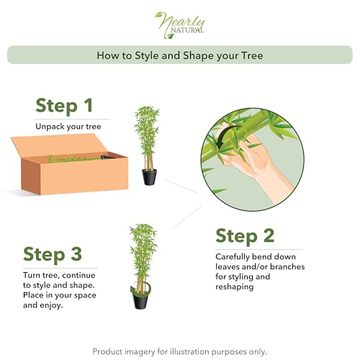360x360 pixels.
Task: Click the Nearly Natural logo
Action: pos(180,25)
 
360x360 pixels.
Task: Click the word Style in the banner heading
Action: pos(146,55)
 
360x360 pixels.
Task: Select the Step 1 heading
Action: pos(64,105)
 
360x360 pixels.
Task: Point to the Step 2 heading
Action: pos(245,236)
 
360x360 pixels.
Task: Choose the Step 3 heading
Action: pos(53,254)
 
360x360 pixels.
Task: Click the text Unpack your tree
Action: pos(68,127)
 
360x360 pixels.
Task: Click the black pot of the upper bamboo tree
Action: pos(149,176)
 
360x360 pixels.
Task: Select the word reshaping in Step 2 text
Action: pos(235,287)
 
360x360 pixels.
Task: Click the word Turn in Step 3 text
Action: pos(32,275)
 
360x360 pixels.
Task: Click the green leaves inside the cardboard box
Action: pos(74,158)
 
